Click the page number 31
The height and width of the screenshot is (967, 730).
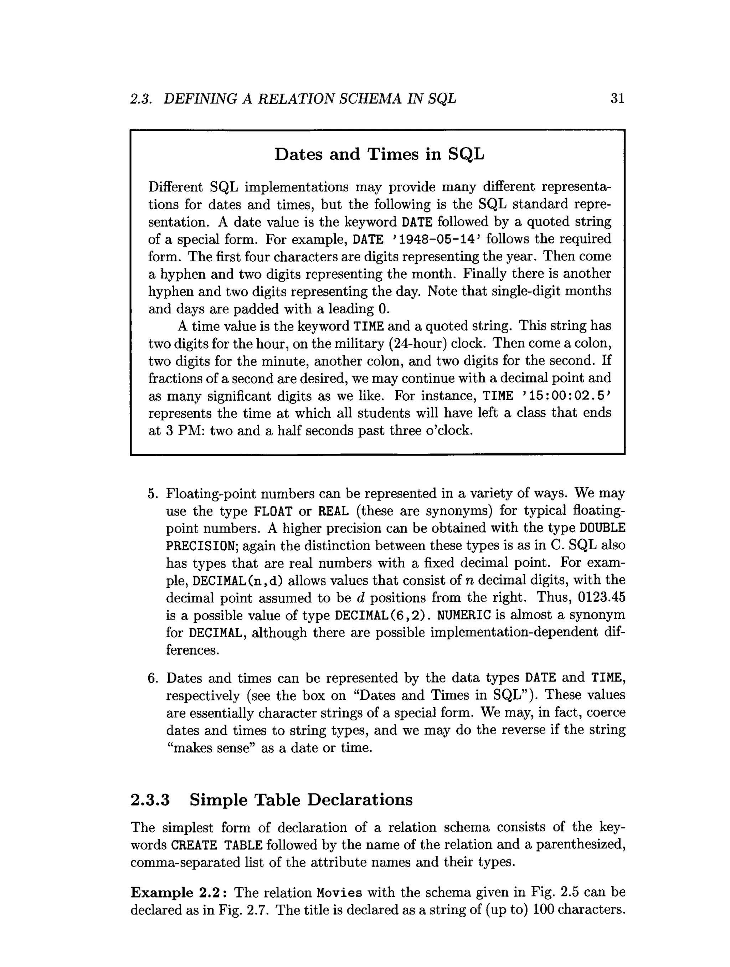(x=617, y=99)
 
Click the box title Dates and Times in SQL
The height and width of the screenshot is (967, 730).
(x=379, y=154)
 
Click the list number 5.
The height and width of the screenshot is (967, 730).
(x=152, y=494)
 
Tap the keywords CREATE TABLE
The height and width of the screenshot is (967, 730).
(x=216, y=845)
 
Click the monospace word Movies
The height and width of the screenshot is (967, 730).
(x=340, y=892)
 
